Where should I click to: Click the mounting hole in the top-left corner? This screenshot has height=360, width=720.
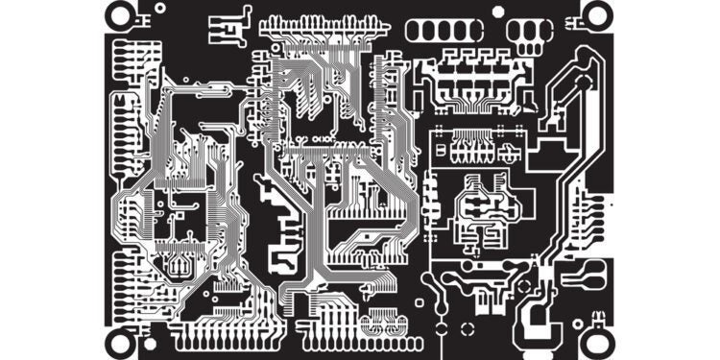(120, 13)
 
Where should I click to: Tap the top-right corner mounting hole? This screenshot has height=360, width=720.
(596, 13)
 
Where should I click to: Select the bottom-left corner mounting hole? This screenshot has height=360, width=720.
(120, 341)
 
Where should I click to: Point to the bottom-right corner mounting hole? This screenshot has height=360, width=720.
(596, 341)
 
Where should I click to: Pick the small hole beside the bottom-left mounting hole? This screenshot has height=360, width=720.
(150, 343)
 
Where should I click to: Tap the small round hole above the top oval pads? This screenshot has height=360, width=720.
(497, 11)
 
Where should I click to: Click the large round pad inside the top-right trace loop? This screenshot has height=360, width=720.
(583, 81)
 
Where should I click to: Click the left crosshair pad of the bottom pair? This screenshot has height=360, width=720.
(372, 327)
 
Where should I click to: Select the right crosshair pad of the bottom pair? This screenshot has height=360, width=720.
(394, 327)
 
